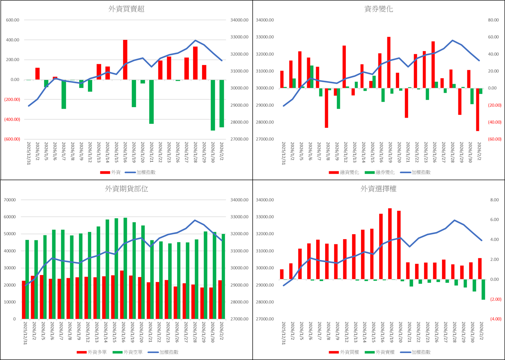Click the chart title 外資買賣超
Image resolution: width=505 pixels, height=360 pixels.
point(126,10)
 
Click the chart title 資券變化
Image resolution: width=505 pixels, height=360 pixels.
point(378,10)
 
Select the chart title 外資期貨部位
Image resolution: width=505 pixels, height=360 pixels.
point(126,189)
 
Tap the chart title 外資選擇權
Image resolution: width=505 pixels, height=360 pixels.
point(378,189)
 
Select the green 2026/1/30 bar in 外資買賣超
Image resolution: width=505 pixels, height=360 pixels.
point(213,105)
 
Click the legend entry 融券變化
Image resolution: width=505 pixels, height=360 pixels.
point(379,172)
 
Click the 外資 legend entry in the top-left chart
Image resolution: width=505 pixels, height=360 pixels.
point(111,172)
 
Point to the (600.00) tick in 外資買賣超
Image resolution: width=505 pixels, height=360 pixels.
point(13,139)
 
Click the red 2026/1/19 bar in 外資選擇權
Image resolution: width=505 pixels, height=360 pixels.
point(390,244)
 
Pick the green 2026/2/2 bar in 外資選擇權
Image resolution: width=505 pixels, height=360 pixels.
point(483,289)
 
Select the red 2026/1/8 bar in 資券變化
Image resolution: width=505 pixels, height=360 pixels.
point(326,108)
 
